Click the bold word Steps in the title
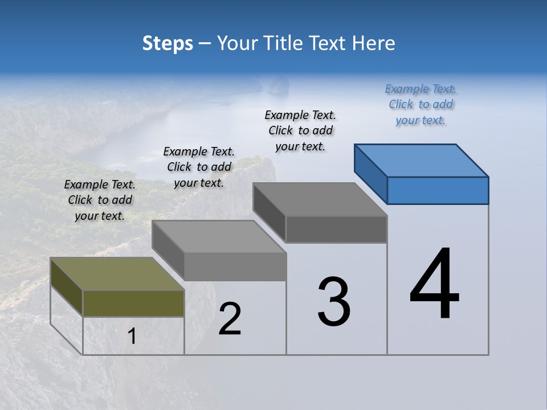(x=168, y=43)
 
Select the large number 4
(x=434, y=285)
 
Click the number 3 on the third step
(x=334, y=302)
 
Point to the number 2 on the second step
(x=230, y=319)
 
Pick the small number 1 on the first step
(x=132, y=337)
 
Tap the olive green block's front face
(x=133, y=303)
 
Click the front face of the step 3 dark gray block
(x=336, y=229)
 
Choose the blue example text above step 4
(x=421, y=105)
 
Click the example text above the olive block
(x=100, y=200)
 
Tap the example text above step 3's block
(x=300, y=130)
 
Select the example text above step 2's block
(x=199, y=167)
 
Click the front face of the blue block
(x=438, y=190)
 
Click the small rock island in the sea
(x=277, y=85)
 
